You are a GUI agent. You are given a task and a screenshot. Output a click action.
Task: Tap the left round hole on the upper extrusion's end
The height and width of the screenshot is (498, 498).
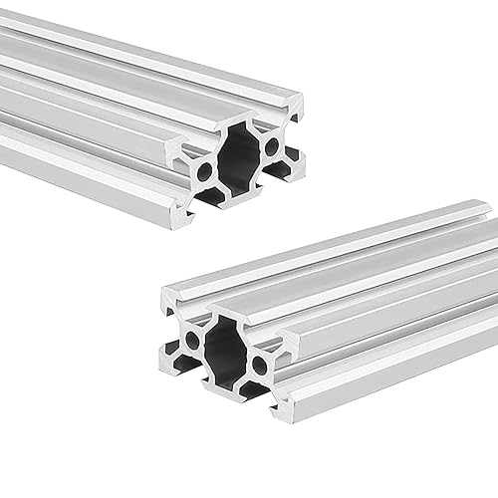tap(205, 171)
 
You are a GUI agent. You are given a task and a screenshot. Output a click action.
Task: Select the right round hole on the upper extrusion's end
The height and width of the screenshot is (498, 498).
tap(272, 146)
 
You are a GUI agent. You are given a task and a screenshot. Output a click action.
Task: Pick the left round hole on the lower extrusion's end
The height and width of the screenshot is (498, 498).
tap(191, 342)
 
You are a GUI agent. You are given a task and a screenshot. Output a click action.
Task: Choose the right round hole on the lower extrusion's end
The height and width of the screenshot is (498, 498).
tap(260, 366)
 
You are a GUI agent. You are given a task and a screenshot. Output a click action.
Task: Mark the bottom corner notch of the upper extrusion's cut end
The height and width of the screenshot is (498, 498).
tap(183, 210)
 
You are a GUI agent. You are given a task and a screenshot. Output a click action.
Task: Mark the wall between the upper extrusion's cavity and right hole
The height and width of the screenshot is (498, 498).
tap(259, 150)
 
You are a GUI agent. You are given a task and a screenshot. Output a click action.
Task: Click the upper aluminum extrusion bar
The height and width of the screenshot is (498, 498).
tap(120, 100)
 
